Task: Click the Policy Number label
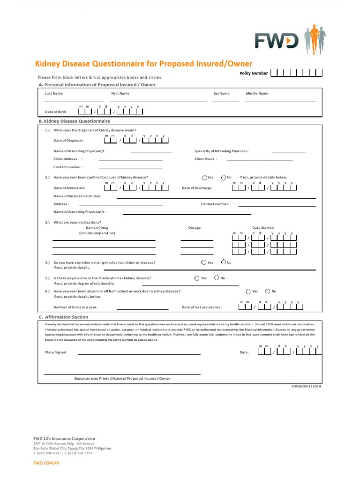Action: pyautogui.click(x=254, y=73)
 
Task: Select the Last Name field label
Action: pyautogui.click(x=53, y=93)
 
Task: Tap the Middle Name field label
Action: pyautogui.click(x=257, y=93)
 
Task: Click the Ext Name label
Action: pyautogui.click(x=221, y=93)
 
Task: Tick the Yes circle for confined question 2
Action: pyautogui.click(x=204, y=178)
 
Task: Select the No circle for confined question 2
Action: pyautogui.click(x=223, y=178)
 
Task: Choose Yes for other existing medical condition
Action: pyautogui.click(x=203, y=262)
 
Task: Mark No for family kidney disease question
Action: pyautogui.click(x=217, y=278)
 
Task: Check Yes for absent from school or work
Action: pyautogui.click(x=248, y=291)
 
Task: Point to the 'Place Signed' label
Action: pyautogui.click(x=55, y=352)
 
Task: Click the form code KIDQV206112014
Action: pyautogui.click(x=307, y=386)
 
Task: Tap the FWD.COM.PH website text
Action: pyautogui.click(x=46, y=463)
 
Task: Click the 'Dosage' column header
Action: pyautogui.click(x=194, y=228)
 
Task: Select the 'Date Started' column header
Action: pyautogui.click(x=262, y=228)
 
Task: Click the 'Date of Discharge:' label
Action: pyautogui.click(x=197, y=188)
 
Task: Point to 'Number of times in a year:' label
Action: pyautogui.click(x=75, y=307)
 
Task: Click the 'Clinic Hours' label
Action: pyautogui.click(x=205, y=159)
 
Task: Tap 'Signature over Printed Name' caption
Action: pyautogui.click(x=122, y=378)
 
